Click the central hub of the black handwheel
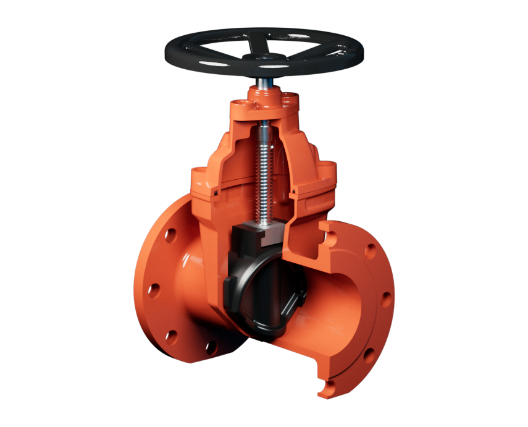[x=264, y=57]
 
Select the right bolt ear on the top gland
[x=288, y=98]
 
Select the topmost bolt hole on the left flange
[x=171, y=235]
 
